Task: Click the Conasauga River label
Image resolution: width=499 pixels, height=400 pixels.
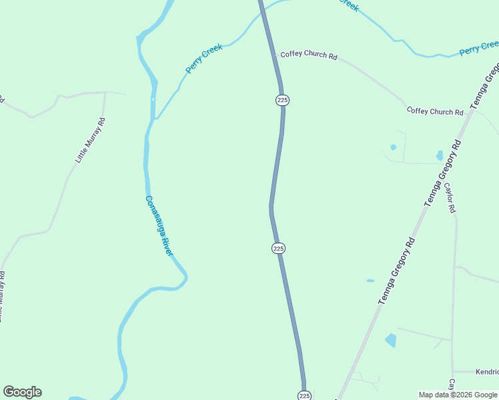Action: click(159, 225)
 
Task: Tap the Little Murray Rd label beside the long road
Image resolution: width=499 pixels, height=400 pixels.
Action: click(91, 141)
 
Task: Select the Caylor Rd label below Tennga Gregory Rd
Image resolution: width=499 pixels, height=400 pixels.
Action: click(450, 198)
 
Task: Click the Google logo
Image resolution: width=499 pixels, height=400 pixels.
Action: click(22, 392)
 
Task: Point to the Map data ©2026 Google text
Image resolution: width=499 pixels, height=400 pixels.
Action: click(458, 395)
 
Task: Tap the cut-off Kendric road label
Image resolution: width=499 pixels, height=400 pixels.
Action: click(486, 371)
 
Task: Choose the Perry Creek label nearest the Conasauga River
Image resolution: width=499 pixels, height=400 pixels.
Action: click(203, 59)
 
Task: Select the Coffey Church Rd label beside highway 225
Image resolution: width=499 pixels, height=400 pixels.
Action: click(308, 54)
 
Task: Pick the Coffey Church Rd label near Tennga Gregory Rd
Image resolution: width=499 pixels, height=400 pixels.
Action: click(435, 111)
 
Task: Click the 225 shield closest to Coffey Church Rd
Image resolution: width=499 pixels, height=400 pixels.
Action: click(282, 100)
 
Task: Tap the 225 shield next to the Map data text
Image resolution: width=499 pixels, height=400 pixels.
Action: click(304, 395)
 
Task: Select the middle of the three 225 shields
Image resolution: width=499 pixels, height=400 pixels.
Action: click(279, 248)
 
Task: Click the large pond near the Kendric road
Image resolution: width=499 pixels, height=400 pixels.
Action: click(390, 341)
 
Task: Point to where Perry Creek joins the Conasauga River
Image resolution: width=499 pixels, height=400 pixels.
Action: click(155, 119)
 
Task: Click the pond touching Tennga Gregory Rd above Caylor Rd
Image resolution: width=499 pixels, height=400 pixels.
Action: click(439, 156)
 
